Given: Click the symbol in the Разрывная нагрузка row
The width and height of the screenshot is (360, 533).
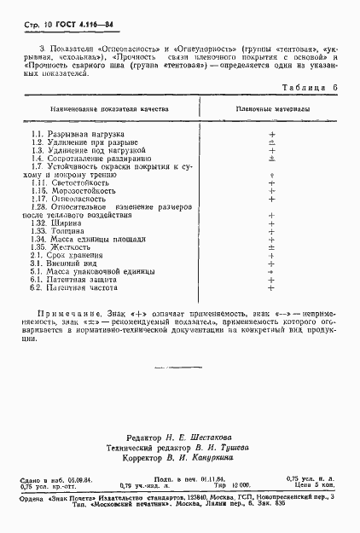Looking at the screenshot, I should point(271,135).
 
